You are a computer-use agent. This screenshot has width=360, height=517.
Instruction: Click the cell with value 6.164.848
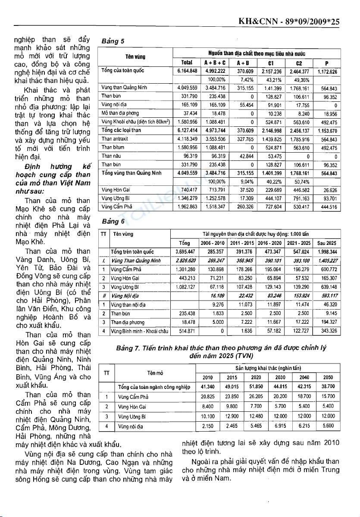coord(188,71)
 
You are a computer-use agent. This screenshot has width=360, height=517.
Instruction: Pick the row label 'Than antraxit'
coord(113,139)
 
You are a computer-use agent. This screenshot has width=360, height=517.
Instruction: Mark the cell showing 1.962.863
coord(188,207)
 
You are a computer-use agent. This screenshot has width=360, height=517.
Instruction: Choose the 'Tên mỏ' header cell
coord(155,373)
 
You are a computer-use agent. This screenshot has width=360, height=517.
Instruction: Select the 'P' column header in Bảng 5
coord(327,63)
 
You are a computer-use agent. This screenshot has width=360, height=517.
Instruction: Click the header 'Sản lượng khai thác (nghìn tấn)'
coord(268,369)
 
